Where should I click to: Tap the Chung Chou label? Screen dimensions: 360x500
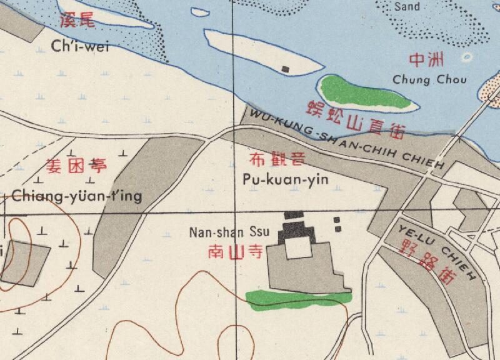[x=420, y=79]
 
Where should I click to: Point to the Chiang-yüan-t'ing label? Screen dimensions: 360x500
[x=77, y=196]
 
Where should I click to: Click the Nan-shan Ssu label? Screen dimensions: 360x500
[x=229, y=232]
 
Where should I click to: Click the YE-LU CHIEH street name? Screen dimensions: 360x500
[x=437, y=251]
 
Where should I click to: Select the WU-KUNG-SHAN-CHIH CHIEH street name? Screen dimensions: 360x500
[x=347, y=140]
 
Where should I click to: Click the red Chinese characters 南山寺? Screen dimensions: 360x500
[x=234, y=252]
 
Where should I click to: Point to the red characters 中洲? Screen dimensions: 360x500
[x=426, y=61]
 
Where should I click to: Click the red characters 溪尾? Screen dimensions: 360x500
[x=77, y=21]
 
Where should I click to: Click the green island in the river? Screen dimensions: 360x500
[x=366, y=93]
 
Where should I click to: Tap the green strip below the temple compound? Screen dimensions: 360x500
[x=297, y=299]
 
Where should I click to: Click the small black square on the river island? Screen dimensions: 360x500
[x=286, y=69]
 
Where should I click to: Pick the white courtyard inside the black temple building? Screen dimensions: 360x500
[x=297, y=249]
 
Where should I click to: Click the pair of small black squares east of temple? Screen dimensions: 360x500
[x=337, y=224]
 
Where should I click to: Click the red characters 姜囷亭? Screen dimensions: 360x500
[x=76, y=166]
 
